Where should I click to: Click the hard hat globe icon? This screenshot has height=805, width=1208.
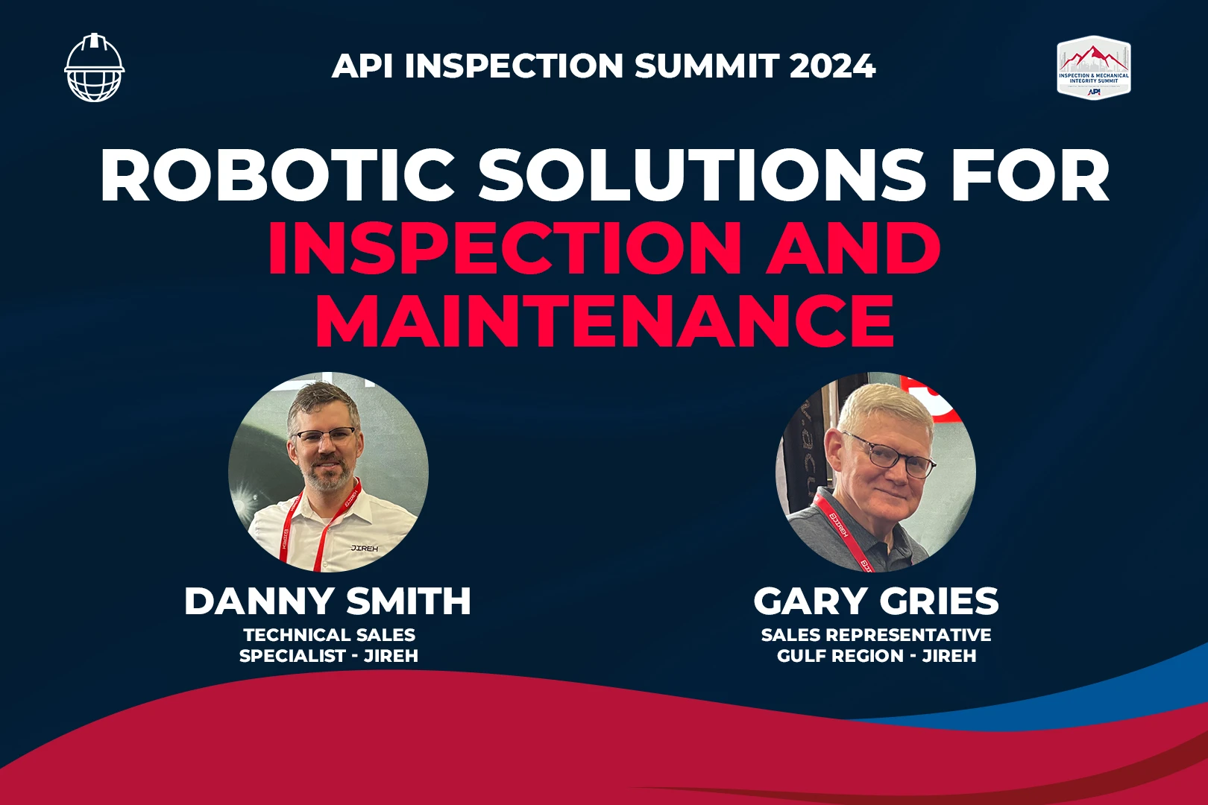tap(94, 68)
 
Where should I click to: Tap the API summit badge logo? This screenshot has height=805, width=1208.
tap(1093, 68)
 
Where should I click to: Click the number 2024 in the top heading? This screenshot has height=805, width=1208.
tap(832, 66)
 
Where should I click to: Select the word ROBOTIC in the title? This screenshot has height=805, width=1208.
tap(277, 176)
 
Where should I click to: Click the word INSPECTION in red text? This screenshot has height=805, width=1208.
tap(505, 248)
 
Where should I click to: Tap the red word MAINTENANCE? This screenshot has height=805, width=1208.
tap(604, 321)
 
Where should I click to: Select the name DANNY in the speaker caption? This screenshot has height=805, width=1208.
tap(259, 601)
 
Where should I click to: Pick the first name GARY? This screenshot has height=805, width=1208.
tap(809, 601)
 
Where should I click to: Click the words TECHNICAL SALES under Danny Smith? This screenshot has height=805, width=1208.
tap(329, 635)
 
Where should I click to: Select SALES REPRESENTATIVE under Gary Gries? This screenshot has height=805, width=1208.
tap(875, 635)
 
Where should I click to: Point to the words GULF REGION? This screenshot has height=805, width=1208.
tap(840, 656)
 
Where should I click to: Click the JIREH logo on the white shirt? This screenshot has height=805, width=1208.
tap(365, 548)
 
